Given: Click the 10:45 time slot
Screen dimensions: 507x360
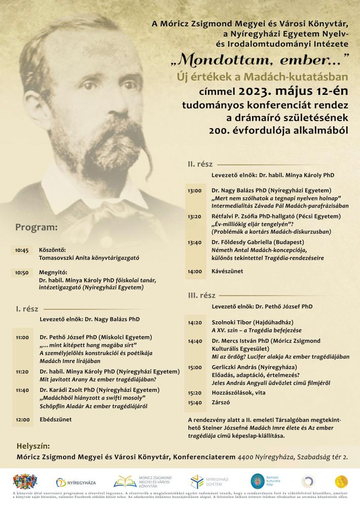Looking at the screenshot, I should pyautogui.click(x=22, y=250).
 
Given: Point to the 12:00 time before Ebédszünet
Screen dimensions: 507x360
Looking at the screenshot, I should pyautogui.click(x=22, y=419).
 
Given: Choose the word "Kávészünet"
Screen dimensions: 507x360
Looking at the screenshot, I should pyautogui.click(x=227, y=271).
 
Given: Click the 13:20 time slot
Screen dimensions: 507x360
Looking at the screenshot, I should pyautogui.click(x=194, y=216).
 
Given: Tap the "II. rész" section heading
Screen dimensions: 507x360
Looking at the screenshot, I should pyautogui.click(x=200, y=164).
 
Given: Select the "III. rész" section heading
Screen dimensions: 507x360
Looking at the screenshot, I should pyautogui.click(x=201, y=295).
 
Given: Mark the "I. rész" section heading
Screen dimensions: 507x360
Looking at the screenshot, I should pyautogui.click(x=27, y=308).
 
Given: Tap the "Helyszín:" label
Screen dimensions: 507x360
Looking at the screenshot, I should pyautogui.click(x=33, y=446).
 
